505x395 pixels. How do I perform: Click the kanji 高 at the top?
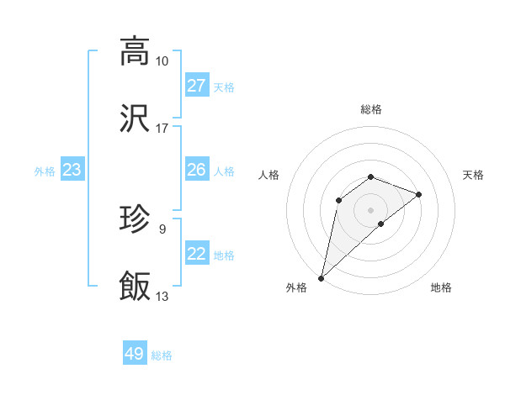coord(135,51)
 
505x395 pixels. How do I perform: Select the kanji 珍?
coord(135,219)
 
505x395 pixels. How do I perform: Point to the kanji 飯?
coord(135,287)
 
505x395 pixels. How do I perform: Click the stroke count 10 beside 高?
coord(162,61)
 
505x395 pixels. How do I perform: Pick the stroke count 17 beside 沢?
coord(162,129)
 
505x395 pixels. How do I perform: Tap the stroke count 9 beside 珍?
coord(162,229)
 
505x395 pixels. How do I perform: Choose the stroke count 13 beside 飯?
coord(162,296)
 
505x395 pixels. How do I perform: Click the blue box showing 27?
coord(197,86)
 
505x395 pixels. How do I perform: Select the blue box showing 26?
coord(197,170)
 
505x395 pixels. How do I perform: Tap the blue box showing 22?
coord(197,254)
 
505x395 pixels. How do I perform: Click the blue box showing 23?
coord(72,170)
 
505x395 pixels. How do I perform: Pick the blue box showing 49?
coord(135,354)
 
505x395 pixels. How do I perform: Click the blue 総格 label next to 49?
coord(162,355)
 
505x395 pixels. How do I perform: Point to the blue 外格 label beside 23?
coord(45,171)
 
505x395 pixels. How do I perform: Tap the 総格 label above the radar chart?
coord(371,109)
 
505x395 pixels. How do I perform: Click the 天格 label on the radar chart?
coord(473,175)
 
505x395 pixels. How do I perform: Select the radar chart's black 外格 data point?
coord(322,277)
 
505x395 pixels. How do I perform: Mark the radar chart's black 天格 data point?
coord(419,194)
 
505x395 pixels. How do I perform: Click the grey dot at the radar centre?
coord(371,209)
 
